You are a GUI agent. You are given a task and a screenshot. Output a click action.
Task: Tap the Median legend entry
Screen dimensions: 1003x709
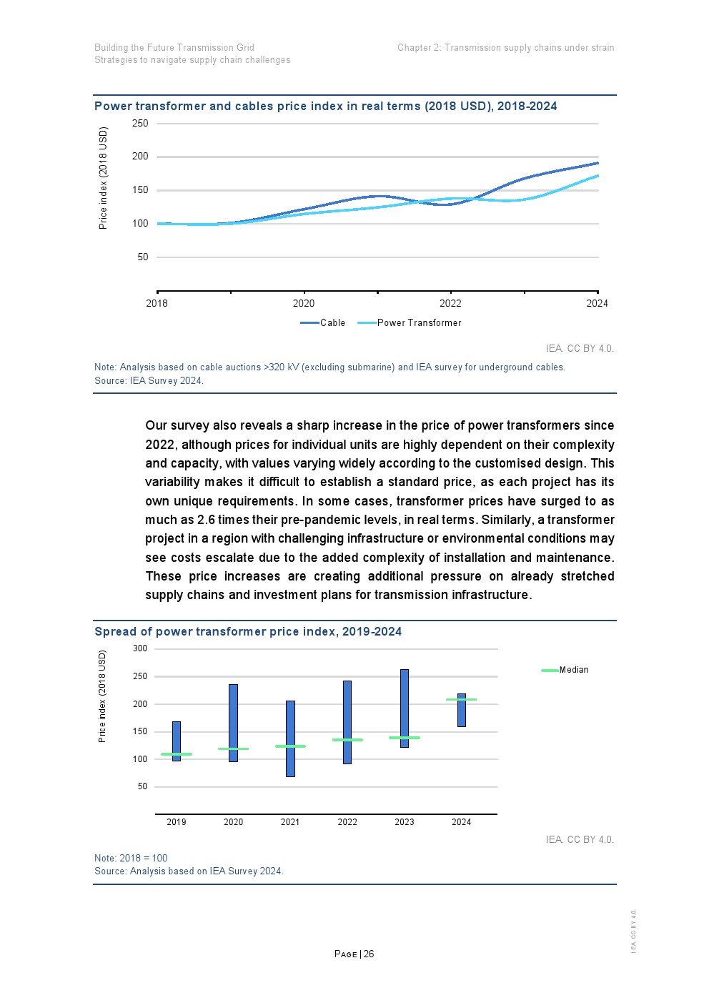click(565, 670)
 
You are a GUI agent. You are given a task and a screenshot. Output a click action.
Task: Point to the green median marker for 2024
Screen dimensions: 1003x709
click(461, 699)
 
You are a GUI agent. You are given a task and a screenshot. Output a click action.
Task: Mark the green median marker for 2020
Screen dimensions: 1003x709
click(233, 748)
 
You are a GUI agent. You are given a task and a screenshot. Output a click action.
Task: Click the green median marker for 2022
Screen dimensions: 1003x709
click(347, 740)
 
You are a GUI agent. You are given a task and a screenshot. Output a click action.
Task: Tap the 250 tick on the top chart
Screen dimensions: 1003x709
click(140, 124)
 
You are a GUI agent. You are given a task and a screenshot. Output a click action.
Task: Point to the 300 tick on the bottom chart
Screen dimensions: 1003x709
click(140, 649)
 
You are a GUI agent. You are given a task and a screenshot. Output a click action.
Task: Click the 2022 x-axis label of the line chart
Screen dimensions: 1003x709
click(450, 303)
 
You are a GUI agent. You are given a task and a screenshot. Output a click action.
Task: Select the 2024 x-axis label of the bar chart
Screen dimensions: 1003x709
click(461, 822)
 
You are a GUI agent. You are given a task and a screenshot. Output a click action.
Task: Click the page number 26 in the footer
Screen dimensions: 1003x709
click(369, 954)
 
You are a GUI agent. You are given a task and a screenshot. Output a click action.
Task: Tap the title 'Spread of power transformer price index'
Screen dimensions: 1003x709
click(248, 631)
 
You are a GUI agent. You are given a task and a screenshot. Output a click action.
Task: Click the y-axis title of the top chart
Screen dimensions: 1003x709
click(104, 178)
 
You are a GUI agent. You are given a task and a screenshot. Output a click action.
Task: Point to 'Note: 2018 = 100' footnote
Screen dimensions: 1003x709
click(131, 858)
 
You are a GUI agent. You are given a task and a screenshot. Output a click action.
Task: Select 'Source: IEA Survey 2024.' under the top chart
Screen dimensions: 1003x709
click(149, 380)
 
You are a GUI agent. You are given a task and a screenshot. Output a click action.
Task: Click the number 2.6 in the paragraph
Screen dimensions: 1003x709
click(206, 520)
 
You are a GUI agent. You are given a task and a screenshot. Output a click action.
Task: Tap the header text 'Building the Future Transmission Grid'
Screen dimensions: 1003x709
click(174, 48)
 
